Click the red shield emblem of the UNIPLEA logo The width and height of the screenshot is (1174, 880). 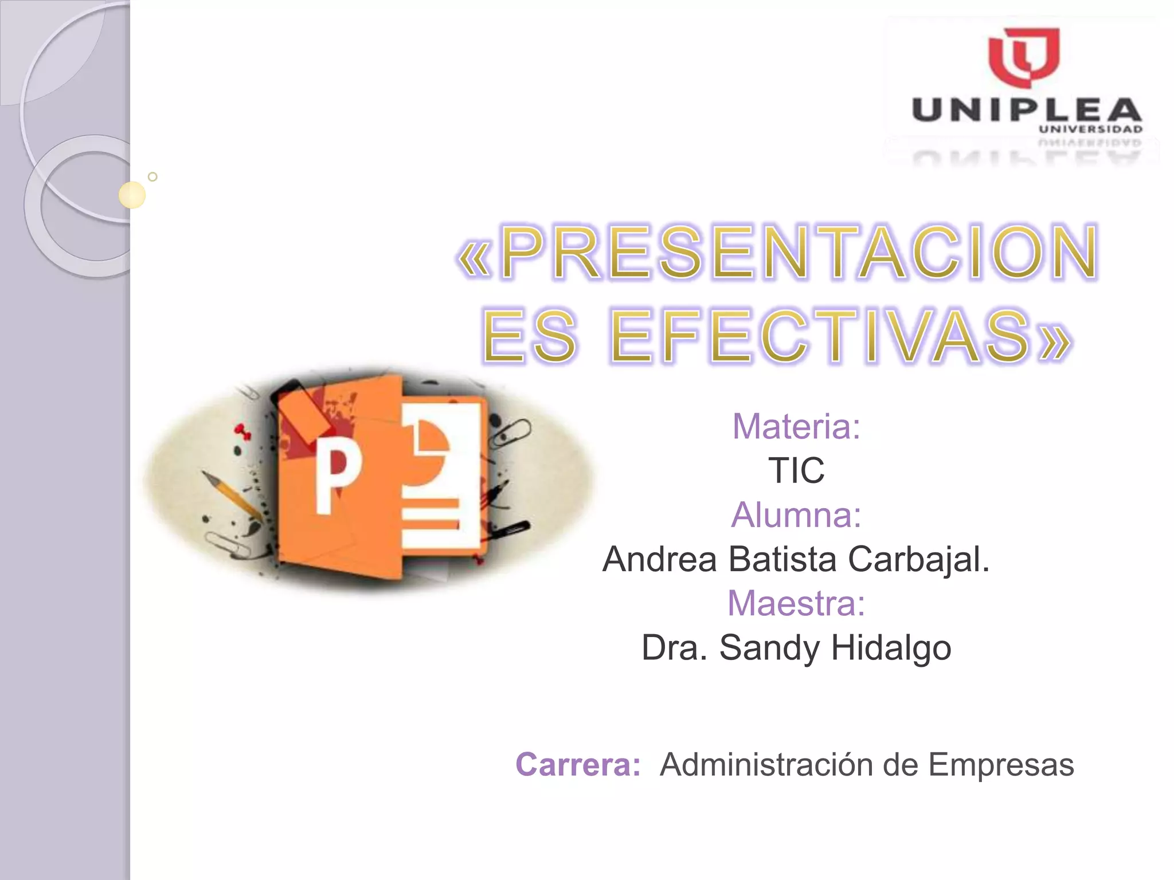click(1024, 57)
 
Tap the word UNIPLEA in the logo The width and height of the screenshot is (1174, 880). click(1027, 110)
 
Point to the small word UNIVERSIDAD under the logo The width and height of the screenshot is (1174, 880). click(1090, 129)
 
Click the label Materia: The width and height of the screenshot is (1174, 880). click(796, 426)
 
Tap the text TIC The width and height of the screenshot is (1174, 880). click(796, 470)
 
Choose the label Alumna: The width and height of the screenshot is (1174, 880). click(796, 514)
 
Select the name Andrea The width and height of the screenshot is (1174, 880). click(660, 559)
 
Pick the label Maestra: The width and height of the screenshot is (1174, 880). click(796, 603)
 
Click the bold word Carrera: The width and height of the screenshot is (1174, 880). click(578, 764)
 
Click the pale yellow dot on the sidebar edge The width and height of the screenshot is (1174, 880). click(132, 195)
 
